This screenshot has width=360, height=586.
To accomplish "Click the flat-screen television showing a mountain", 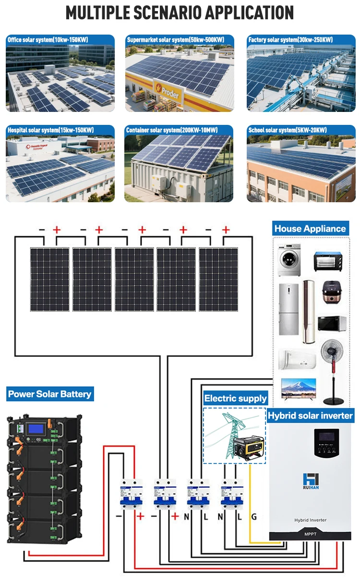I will coord(298,389).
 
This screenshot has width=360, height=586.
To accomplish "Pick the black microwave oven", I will coord(329,323).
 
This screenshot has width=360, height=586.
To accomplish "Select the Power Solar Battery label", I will coord(49,394).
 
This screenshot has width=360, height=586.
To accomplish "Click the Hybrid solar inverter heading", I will coord(310,415).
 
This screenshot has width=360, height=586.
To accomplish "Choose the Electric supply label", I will coord(235,398).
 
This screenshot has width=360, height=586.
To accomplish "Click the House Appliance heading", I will coord(310,229).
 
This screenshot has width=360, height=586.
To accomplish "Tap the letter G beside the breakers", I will coord(254,517).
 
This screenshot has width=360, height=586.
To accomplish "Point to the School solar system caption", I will coord(288,130).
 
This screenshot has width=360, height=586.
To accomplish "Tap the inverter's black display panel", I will coord(329,442).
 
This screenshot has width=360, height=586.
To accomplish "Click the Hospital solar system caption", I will coord(50,130).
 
